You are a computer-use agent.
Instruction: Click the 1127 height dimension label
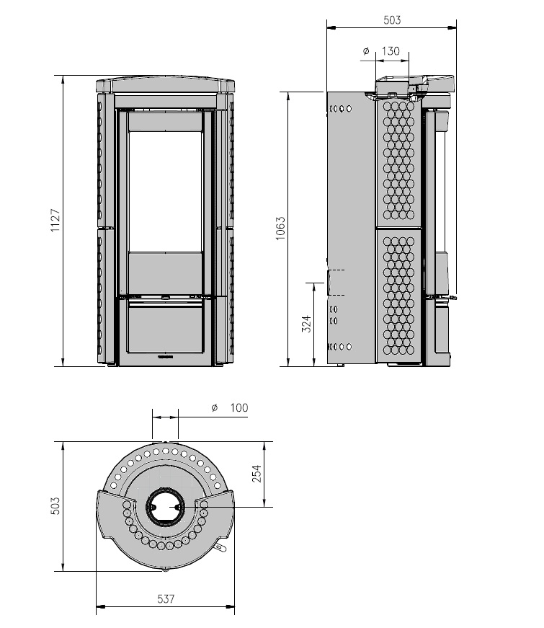pyautogui.click(x=55, y=221)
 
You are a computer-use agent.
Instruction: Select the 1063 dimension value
pyautogui.click(x=280, y=229)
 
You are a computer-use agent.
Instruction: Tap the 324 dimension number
pyautogui.click(x=306, y=324)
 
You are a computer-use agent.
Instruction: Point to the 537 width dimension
pyautogui.click(x=166, y=598)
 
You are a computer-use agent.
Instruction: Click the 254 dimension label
pyautogui.click(x=257, y=474)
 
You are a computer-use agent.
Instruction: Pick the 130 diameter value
pyautogui.click(x=391, y=51)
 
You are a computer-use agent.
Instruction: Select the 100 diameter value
pyautogui.click(x=239, y=407)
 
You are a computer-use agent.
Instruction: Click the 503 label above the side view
pyautogui.click(x=392, y=20)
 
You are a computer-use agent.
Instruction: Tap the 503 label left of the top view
pyautogui.click(x=55, y=506)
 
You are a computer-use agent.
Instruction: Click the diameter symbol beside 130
pyautogui.click(x=366, y=51)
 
